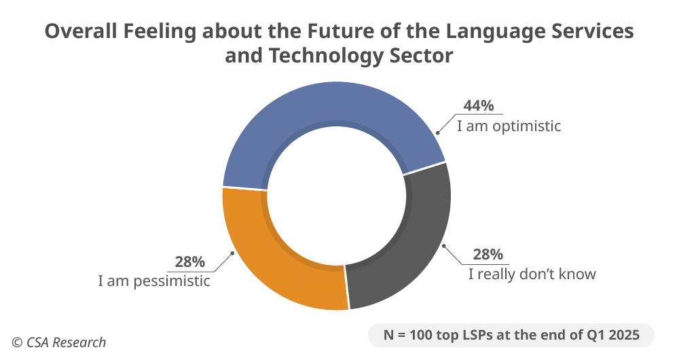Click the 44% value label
click(x=479, y=106)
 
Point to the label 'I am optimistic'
click(x=509, y=126)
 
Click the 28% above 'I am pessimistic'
click(x=190, y=262)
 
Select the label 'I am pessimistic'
click(x=155, y=281)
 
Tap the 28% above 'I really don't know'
click(x=488, y=255)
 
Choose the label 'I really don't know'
click(x=532, y=274)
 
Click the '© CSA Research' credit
click(x=58, y=342)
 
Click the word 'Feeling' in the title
click(x=160, y=33)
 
